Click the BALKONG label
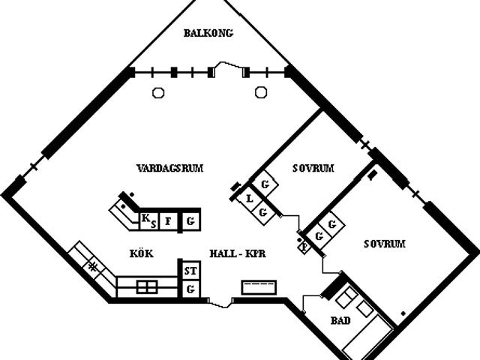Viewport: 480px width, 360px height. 208,33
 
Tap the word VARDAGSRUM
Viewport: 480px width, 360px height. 170,168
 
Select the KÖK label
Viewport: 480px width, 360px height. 141,254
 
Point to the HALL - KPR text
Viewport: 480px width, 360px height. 238,254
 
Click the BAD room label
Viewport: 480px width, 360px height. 340,321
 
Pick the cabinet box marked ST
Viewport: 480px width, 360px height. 190,271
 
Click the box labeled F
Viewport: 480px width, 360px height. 169,220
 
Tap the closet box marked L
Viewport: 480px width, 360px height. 249,199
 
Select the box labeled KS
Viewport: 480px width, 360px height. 148,220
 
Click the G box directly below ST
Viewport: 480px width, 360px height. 190,289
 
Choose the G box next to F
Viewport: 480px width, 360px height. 191,220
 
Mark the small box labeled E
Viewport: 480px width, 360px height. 304,245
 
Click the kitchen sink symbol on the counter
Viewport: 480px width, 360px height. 92,265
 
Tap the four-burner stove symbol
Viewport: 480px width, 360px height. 147,286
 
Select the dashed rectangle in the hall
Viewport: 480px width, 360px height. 259,286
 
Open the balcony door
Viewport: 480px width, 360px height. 229,70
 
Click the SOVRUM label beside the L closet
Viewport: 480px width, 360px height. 313,168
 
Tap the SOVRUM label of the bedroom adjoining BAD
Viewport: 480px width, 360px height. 384,244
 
